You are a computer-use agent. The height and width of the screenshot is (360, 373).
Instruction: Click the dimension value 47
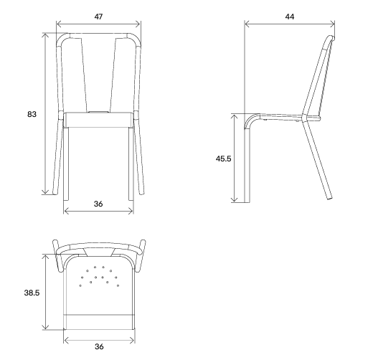click(98, 16)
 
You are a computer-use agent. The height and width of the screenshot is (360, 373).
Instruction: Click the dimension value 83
click(32, 114)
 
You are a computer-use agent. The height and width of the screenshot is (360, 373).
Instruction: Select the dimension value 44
click(290, 16)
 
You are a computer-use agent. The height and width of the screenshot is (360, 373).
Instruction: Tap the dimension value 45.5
click(223, 158)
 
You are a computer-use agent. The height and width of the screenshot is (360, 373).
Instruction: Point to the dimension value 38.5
click(32, 293)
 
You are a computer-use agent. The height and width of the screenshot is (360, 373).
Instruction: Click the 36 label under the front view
click(98, 204)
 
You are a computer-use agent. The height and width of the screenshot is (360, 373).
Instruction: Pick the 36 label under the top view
click(99, 346)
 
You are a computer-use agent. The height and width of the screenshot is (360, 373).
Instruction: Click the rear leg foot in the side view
click(330, 198)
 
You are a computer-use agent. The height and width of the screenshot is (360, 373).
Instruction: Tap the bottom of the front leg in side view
click(247, 202)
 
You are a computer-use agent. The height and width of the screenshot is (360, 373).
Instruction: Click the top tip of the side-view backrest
click(331, 37)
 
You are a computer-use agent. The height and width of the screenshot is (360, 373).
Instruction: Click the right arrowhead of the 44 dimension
click(332, 24)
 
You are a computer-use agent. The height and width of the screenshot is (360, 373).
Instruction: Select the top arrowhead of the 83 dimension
click(45, 35)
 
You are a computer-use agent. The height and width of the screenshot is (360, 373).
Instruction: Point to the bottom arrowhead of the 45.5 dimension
click(235, 199)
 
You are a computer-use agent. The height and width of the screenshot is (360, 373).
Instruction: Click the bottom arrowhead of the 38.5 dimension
click(45, 327)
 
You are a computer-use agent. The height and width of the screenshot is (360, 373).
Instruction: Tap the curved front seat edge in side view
click(251, 119)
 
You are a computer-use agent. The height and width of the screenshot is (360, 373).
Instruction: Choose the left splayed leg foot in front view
click(55, 191)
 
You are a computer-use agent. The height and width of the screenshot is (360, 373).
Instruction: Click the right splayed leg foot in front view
click(141, 191)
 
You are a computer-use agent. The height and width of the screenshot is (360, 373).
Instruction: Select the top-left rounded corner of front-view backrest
click(62, 38)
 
